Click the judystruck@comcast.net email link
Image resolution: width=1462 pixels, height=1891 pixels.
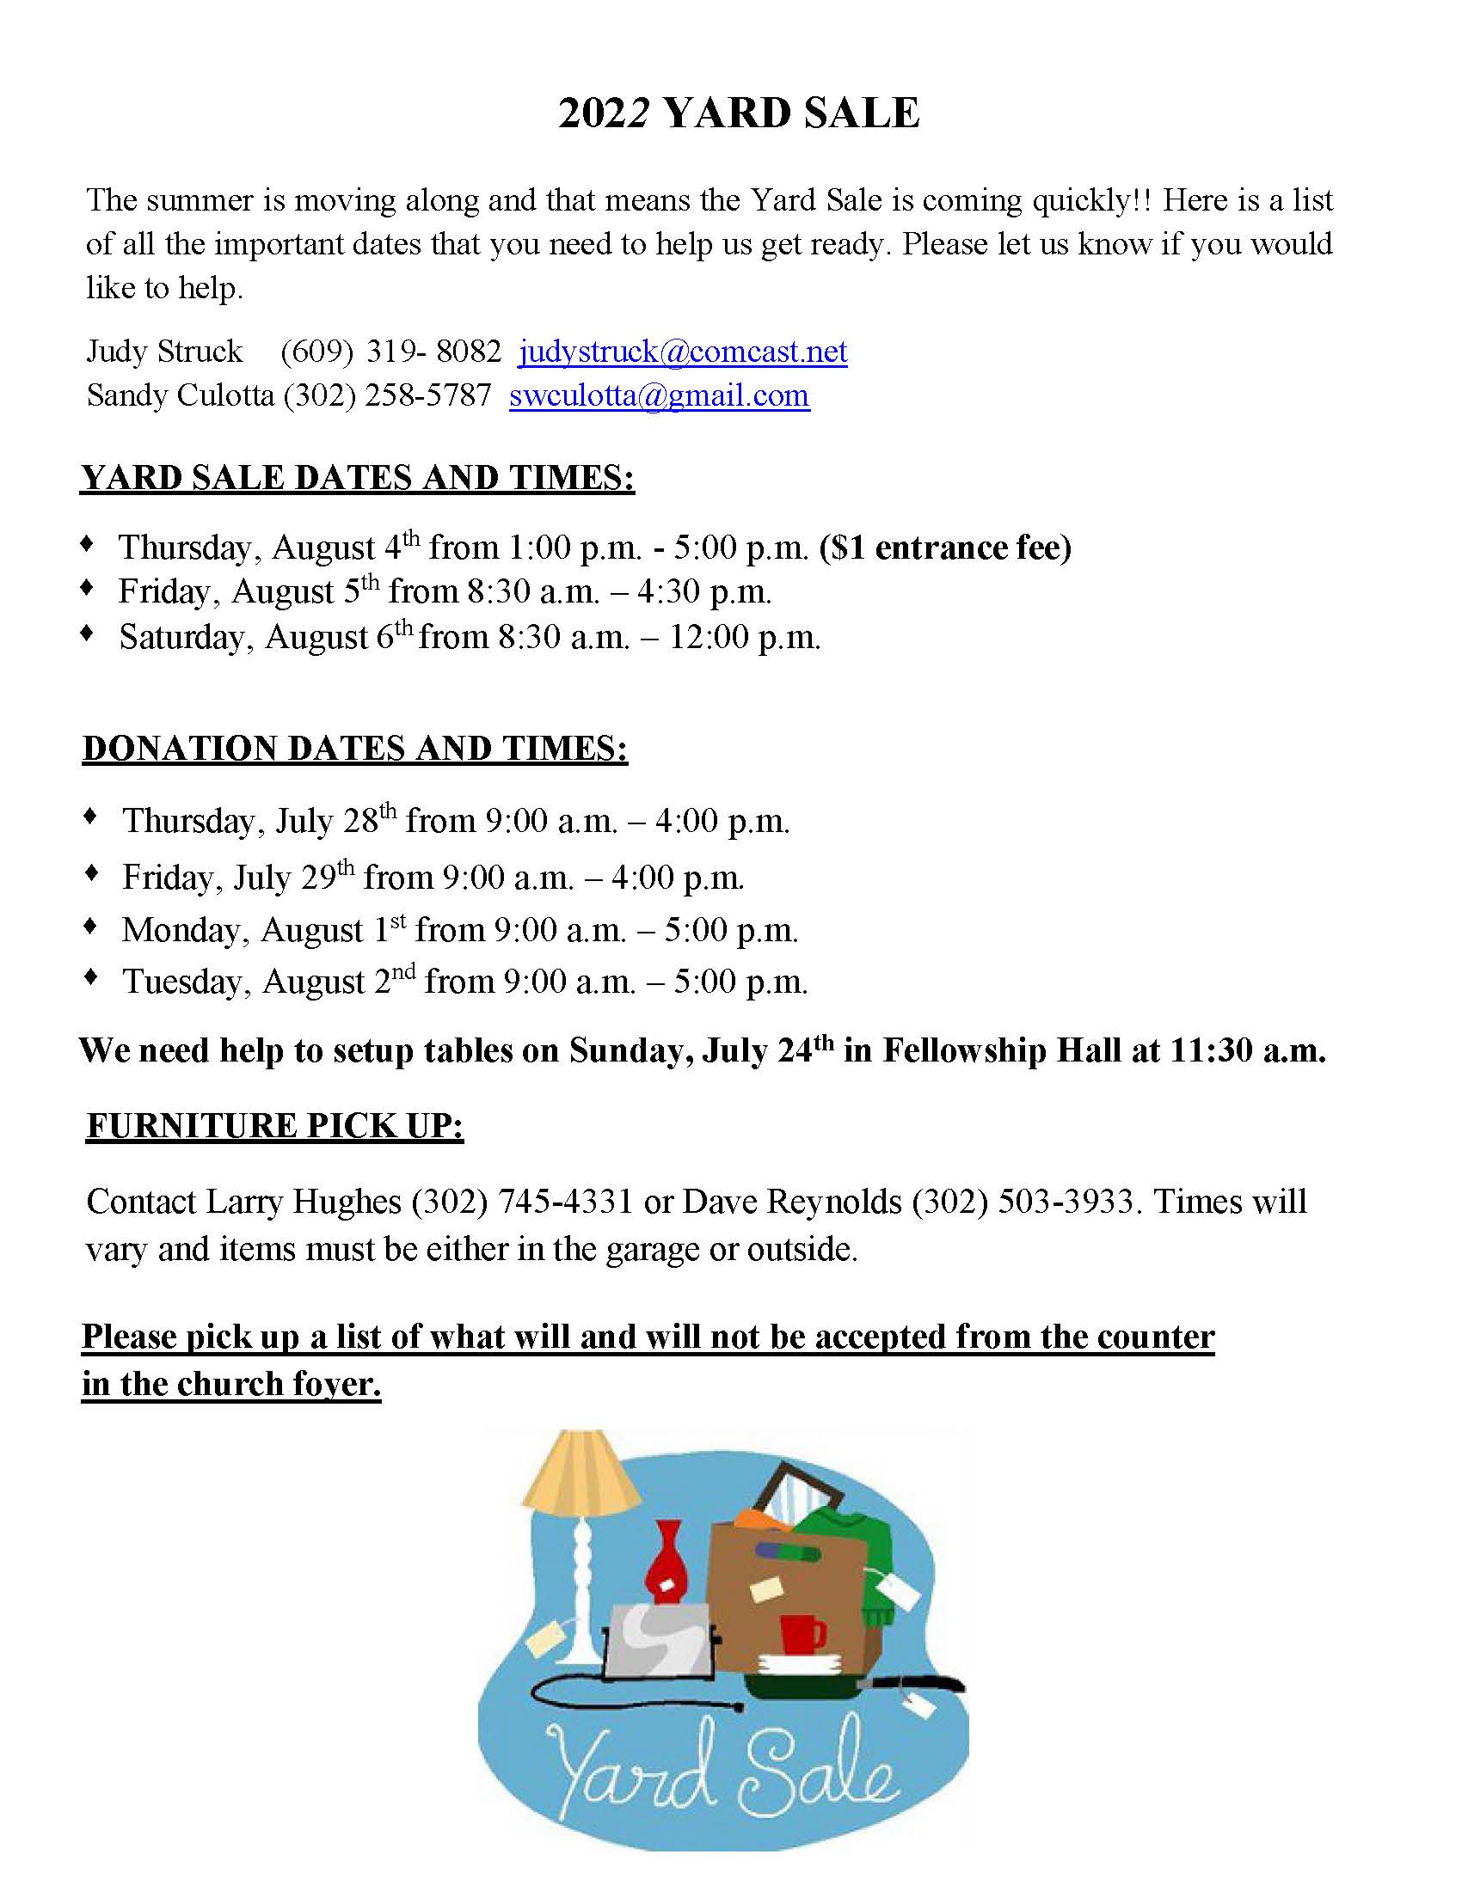(683, 352)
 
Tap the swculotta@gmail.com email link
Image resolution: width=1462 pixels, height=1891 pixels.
(659, 395)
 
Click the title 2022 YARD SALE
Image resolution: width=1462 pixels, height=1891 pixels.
(738, 113)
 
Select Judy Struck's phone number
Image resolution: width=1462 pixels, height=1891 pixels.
(390, 352)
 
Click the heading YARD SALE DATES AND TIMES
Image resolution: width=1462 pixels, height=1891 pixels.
(357, 478)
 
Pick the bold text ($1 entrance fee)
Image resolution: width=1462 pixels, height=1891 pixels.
(945, 548)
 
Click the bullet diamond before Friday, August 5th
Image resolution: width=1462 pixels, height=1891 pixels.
(87, 588)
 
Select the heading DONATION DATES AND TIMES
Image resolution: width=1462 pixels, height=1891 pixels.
(355, 749)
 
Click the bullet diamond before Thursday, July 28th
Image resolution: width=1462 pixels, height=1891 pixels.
(89, 817)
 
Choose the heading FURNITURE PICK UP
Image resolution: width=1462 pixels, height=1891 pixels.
(274, 1126)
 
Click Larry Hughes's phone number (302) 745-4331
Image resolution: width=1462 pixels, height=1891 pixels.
(522, 1202)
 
